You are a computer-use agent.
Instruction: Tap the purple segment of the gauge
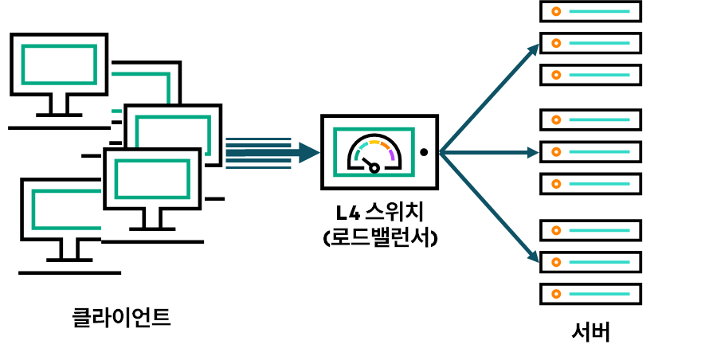(392, 155)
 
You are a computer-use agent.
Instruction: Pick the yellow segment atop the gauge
(374, 143)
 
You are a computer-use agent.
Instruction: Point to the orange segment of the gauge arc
(386, 146)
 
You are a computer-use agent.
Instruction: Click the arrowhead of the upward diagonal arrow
(534, 49)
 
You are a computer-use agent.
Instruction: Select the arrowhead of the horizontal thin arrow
(533, 152)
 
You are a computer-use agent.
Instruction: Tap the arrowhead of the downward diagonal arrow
(533, 256)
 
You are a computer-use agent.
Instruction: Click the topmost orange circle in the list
(556, 11)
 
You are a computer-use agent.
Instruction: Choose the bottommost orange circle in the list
(556, 294)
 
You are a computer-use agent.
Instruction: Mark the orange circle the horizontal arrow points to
(556, 152)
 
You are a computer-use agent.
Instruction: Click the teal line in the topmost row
(599, 11)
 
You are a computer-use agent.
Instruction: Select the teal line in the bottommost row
(599, 294)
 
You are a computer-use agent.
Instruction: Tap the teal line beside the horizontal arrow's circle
(599, 152)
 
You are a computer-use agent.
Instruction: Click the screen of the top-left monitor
(59, 65)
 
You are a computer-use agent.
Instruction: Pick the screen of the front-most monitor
(152, 179)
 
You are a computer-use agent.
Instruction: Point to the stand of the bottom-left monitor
(69, 250)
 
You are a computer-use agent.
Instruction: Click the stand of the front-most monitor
(152, 219)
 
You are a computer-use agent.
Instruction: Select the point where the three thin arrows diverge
(441, 152)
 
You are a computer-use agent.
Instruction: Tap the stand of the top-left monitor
(59, 105)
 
